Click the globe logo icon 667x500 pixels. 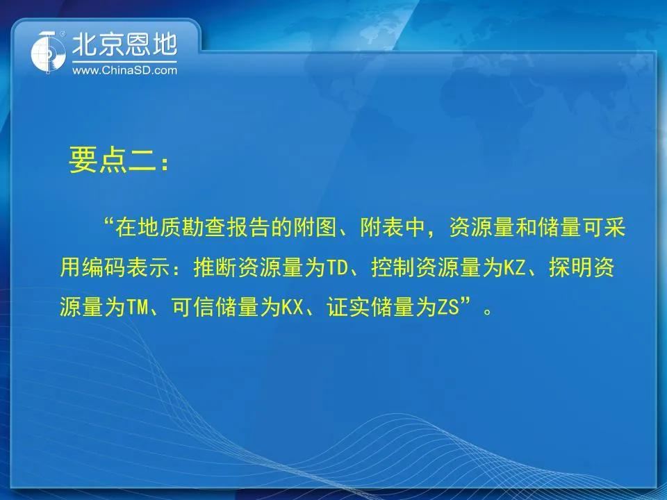pos(49,52)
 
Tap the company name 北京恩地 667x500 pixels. pos(124,44)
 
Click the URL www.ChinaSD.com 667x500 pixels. pos(124,70)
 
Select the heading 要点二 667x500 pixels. pos(113,160)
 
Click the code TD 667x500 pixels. pos(338,268)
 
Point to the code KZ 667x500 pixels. pos(515,268)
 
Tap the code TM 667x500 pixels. pos(137,307)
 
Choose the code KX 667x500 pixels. pos(293,307)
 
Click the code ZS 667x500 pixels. pos(449,307)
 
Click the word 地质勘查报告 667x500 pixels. pos(204,228)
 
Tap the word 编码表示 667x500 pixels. pos(126,268)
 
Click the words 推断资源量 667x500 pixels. pos(249,268)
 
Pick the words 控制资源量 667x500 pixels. pos(426,268)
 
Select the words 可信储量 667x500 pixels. pos(215,307)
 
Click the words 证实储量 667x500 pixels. pos(370,307)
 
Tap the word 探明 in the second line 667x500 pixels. pos(570,268)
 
